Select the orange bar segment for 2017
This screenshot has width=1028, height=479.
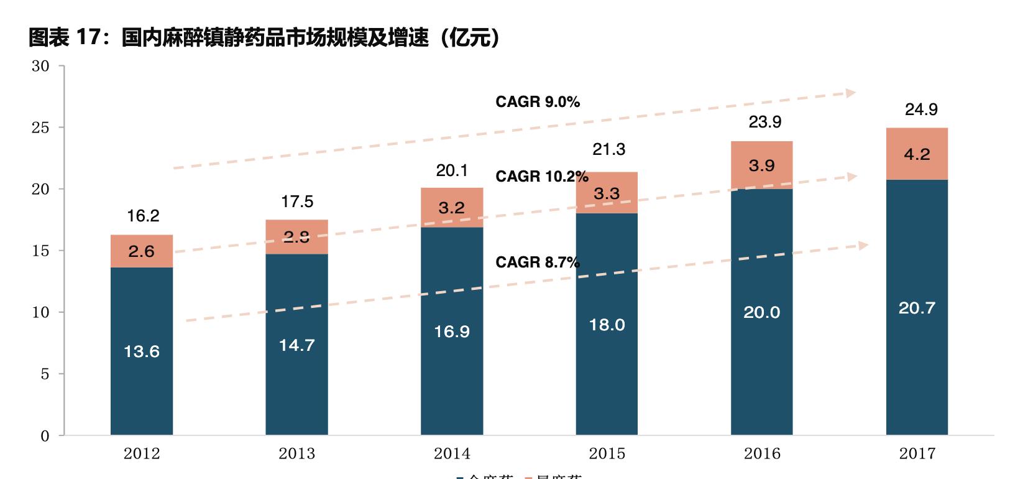pos(917,154)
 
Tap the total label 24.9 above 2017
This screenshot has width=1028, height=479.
pos(920,109)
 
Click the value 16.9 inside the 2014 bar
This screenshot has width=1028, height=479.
pos(452,332)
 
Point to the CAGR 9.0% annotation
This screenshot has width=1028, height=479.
pos(538,102)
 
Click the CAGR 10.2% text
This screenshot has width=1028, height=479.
pos(541,177)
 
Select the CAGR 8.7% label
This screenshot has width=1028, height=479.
pos(538,263)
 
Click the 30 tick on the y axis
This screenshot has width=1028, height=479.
pos(40,67)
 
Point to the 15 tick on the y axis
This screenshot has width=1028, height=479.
pos(40,251)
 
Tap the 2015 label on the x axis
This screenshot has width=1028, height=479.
pos(607,453)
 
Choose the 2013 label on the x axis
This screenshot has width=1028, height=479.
pos(296,453)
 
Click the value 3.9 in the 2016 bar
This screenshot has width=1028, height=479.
pos(761,165)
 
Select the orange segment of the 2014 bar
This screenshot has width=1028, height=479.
pos(452,208)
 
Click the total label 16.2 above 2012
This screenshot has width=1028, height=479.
pos(143,216)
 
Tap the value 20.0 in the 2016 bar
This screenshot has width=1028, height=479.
pos(761,312)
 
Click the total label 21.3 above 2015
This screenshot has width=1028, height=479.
pos(609,149)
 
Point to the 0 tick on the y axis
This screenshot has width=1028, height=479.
pos(45,435)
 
